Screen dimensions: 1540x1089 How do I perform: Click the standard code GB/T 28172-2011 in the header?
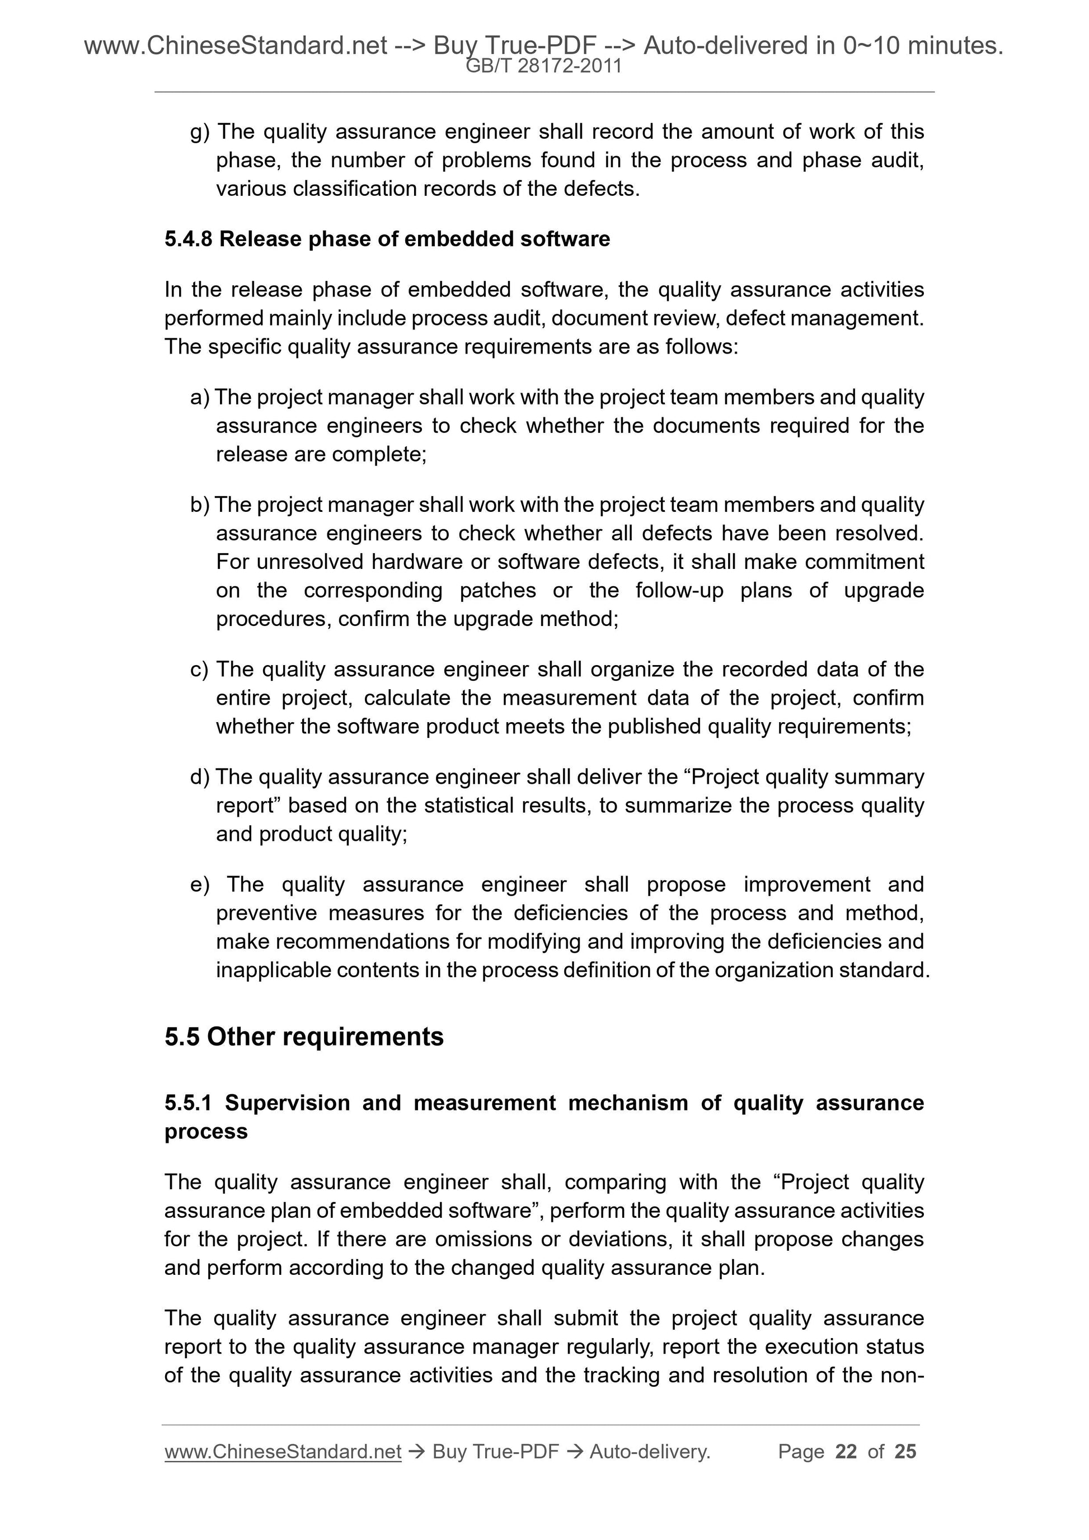pyautogui.click(x=543, y=67)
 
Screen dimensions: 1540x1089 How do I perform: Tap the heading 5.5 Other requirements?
pyautogui.click(x=304, y=1037)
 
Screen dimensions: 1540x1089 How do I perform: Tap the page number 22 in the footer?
pyautogui.click(x=846, y=1452)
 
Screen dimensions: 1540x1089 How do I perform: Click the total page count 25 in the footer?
pyautogui.click(x=905, y=1452)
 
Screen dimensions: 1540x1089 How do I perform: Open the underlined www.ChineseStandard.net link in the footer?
pyautogui.click(x=283, y=1452)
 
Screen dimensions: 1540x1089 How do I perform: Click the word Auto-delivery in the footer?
pyautogui.click(x=649, y=1452)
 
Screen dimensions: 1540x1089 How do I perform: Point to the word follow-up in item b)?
pyautogui.click(x=678, y=590)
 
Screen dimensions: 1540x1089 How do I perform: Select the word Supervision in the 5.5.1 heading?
pyautogui.click(x=287, y=1103)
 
